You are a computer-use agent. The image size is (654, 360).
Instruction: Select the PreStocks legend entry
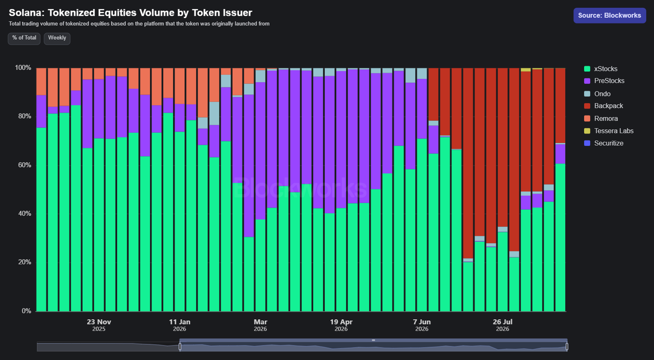pyautogui.click(x=604, y=81)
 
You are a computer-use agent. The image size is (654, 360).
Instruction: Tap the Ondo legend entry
pyautogui.click(x=597, y=94)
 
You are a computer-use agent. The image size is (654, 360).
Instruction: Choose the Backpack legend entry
pyautogui.click(x=603, y=106)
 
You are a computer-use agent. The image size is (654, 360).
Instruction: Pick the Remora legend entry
pyautogui.click(x=601, y=118)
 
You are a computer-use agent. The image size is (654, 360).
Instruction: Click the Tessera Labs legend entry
pyautogui.click(x=608, y=131)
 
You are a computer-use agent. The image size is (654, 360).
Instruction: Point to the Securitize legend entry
pyautogui.click(x=603, y=143)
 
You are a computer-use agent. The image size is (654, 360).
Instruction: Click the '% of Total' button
pyautogui.click(x=24, y=38)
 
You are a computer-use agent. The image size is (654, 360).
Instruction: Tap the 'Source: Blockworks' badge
pyautogui.click(x=610, y=15)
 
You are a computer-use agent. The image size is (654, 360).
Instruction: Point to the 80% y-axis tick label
pyautogui.click(x=25, y=116)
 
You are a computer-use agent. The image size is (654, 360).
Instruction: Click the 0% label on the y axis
pyautogui.click(x=26, y=311)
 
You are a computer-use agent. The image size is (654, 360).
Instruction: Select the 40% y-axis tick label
pyautogui.click(x=25, y=213)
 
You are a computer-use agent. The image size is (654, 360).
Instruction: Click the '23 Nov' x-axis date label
pyautogui.click(x=99, y=322)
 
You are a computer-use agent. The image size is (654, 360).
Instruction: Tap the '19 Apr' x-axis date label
pyautogui.click(x=341, y=322)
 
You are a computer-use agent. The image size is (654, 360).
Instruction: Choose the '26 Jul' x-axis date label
pyautogui.click(x=502, y=322)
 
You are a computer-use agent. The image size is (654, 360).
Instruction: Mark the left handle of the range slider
pyautogui.click(x=180, y=346)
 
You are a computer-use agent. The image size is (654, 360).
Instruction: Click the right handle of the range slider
pyautogui.click(x=567, y=346)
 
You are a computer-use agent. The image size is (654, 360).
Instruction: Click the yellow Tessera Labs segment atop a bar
pyautogui.click(x=525, y=70)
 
